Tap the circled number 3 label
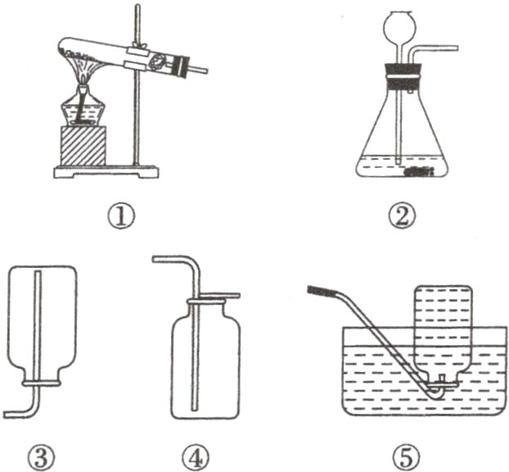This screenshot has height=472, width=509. click(x=41, y=456)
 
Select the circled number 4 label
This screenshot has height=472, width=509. click(x=196, y=456)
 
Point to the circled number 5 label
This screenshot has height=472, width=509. click(x=406, y=456)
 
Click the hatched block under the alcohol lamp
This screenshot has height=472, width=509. click(x=83, y=146)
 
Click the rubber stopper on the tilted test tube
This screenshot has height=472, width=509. click(x=181, y=67)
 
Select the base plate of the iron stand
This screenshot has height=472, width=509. click(x=106, y=171)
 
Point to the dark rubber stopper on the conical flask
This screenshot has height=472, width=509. click(x=402, y=77)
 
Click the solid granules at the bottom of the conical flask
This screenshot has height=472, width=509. click(x=419, y=171)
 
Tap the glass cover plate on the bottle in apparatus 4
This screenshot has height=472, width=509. click(x=220, y=296)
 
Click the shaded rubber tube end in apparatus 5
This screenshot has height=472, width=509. click(x=321, y=290)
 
